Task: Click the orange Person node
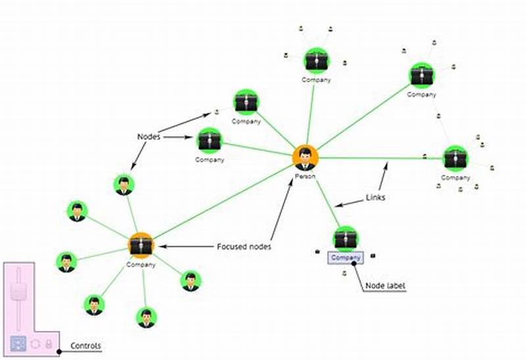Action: [305, 158]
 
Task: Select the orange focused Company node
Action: [141, 244]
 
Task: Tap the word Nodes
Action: [149, 137]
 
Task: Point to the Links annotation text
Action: [375, 197]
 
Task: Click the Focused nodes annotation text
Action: [244, 247]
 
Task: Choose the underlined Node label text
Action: [385, 286]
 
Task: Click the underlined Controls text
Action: [85, 346]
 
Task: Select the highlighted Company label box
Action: [345, 258]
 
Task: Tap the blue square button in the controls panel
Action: [18, 342]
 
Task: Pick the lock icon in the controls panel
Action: [48, 343]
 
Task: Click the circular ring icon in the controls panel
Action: [34, 343]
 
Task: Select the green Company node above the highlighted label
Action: [345, 238]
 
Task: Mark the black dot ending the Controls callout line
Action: [59, 351]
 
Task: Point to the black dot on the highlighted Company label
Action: [354, 263]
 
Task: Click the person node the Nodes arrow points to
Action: [124, 186]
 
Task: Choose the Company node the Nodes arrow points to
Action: [210, 140]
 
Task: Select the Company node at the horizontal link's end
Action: [455, 158]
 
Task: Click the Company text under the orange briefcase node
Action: [141, 265]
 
